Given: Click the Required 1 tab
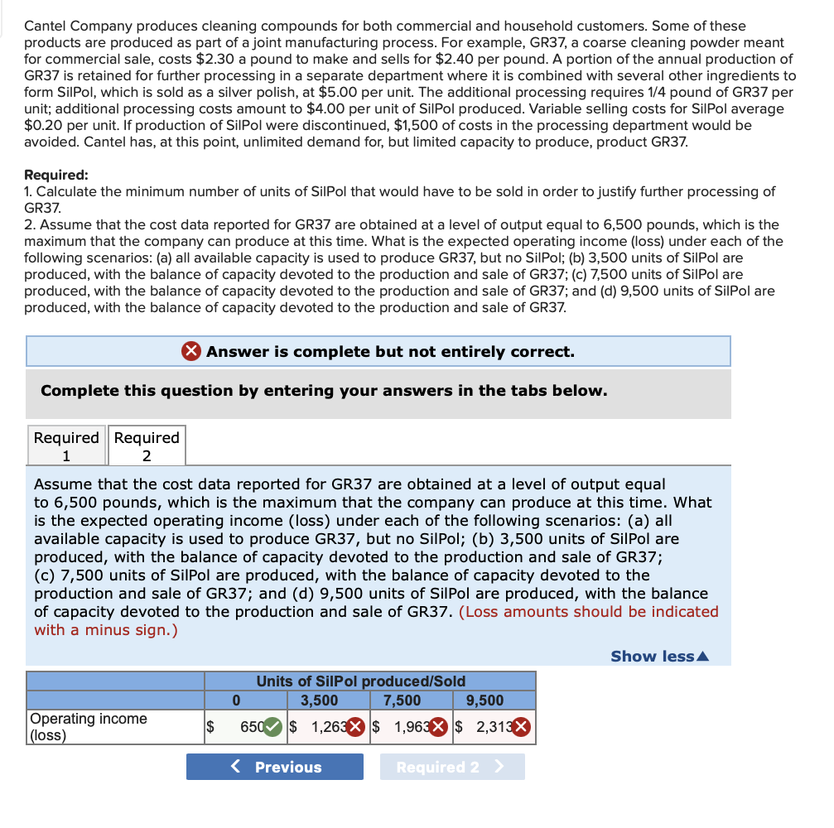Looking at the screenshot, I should click(66, 445).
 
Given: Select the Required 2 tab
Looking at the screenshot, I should click(147, 445).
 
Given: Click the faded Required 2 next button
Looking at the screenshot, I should click(451, 767).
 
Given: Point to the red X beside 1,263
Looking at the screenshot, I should click(354, 728).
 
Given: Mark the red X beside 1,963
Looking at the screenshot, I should click(441, 728).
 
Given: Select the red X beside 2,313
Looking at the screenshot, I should click(522, 728).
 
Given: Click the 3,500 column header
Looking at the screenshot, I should click(319, 700).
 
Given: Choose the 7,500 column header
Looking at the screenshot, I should click(403, 700).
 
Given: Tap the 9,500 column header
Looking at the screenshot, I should click(485, 700).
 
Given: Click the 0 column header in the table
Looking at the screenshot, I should click(236, 700).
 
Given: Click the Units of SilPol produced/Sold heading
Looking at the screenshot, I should click(360, 681).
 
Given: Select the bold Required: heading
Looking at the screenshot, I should click(56, 175).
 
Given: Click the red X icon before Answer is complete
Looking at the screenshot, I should click(190, 351).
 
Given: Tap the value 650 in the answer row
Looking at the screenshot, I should click(251, 728).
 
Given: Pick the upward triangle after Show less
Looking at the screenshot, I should click(704, 657).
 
